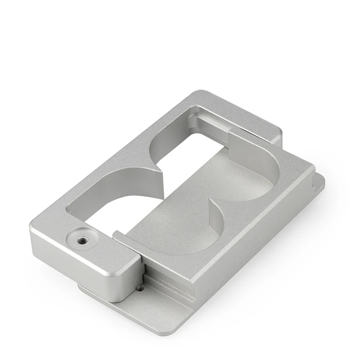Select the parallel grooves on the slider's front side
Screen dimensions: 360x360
171,288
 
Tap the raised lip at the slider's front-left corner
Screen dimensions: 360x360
118,234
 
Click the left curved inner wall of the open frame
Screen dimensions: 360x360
112,193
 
